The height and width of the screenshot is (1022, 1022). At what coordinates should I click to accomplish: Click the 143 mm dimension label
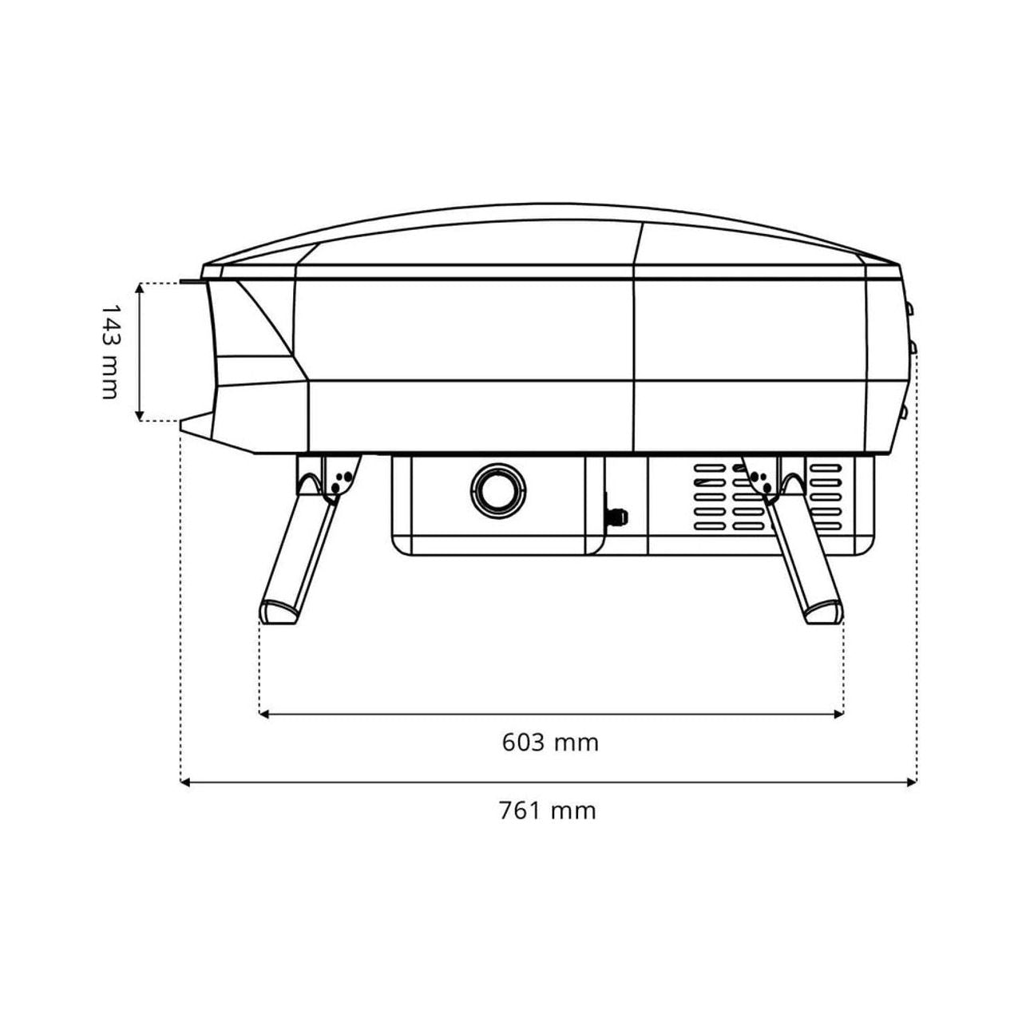[109, 351]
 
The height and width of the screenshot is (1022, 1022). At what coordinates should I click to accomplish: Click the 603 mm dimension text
[550, 743]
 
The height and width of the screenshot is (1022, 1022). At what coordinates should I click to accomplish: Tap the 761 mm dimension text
[548, 811]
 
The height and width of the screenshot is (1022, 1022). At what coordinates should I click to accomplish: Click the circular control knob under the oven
[498, 490]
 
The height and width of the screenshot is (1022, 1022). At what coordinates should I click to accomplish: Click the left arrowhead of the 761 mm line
[185, 782]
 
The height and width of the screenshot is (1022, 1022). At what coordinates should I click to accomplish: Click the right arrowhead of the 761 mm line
[912, 782]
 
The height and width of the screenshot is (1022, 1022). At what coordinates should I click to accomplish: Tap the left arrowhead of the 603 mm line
[264, 714]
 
